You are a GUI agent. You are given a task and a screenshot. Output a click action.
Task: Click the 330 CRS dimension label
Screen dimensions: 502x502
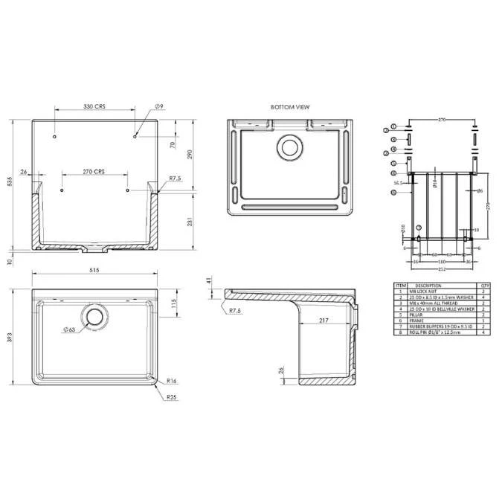(94, 107)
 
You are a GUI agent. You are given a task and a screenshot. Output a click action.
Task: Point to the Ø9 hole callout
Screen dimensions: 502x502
(159, 107)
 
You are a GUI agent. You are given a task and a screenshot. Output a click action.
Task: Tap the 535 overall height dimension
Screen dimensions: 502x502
(10, 183)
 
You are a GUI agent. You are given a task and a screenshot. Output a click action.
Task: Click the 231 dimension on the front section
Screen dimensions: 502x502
(191, 222)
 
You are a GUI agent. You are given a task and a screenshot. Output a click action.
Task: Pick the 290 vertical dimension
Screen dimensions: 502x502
(191, 153)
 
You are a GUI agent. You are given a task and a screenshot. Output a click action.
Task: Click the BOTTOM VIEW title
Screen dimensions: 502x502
(290, 107)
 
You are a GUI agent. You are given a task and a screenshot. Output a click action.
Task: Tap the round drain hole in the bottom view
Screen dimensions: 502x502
(288, 147)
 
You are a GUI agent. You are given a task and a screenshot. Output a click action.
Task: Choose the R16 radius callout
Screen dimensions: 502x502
(171, 379)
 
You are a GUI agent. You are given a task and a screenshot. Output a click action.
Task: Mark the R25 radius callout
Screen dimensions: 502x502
(171, 399)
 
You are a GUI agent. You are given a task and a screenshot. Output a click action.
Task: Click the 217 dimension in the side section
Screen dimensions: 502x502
(323, 321)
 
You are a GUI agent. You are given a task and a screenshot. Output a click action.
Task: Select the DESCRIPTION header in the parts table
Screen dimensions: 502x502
(428, 285)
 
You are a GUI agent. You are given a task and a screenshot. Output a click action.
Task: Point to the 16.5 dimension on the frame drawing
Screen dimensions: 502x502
(399, 181)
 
